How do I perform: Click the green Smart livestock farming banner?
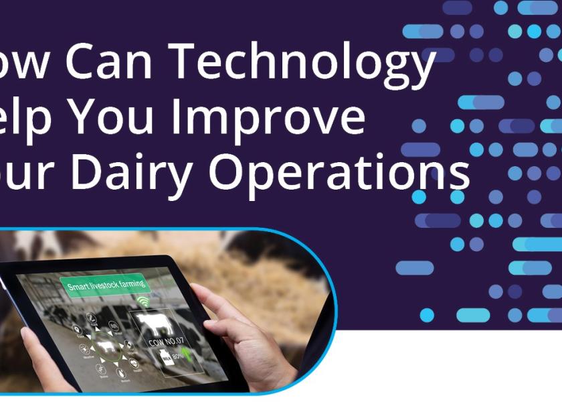click(x=106, y=285)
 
